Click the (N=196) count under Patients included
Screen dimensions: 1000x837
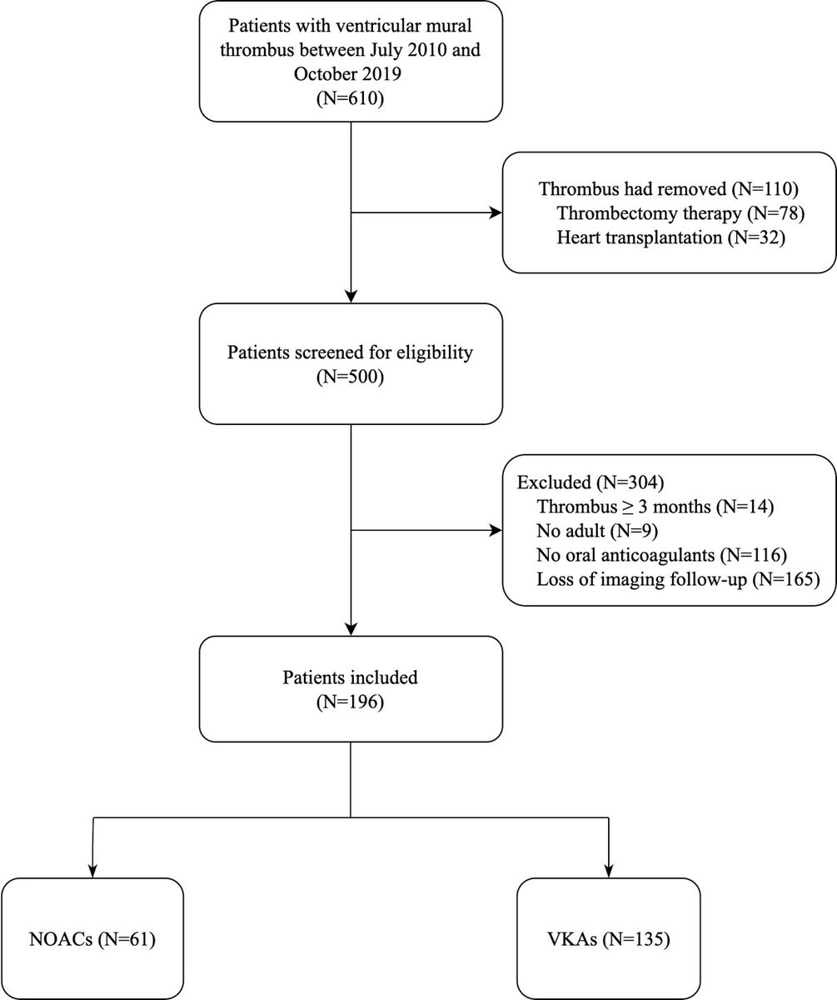click(x=350, y=702)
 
